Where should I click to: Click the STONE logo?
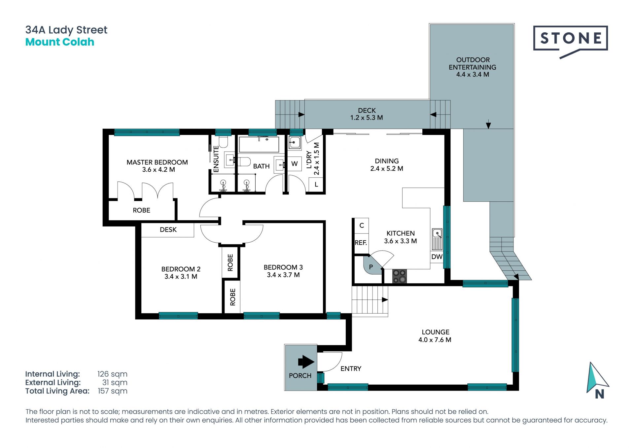coord(570,39)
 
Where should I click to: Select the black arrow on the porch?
coord(306,362)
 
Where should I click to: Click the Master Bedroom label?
coord(157,162)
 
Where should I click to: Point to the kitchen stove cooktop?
coord(399,276)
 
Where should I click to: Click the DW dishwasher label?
coord(437,257)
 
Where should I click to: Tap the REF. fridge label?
coord(361,243)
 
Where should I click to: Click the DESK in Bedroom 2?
coord(168,230)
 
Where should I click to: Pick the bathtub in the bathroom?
coord(259,144)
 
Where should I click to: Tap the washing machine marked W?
coord(294,163)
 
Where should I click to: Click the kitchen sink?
coord(437,239)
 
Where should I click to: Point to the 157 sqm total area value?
coord(112,391)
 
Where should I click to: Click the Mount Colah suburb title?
coord(60,42)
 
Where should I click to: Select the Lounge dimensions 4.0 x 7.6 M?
coord(435,340)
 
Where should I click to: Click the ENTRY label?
coord(351,368)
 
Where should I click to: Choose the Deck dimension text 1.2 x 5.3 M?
coord(367,118)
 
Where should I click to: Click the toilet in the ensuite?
coord(223,142)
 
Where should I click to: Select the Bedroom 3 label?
coord(283,267)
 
